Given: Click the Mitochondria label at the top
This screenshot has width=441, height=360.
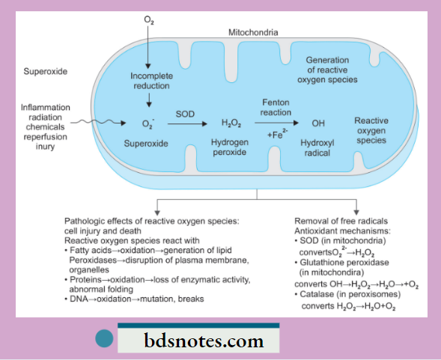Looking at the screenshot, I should [x=254, y=34].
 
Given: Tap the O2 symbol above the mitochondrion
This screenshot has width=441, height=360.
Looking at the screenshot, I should [x=148, y=16].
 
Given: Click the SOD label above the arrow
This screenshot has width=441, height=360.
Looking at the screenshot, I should [x=185, y=113].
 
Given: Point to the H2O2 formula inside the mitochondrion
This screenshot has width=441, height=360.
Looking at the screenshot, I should [x=231, y=123].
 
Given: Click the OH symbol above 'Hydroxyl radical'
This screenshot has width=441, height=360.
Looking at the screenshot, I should [x=317, y=123].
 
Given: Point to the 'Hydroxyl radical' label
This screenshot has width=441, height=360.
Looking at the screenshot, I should [x=317, y=145].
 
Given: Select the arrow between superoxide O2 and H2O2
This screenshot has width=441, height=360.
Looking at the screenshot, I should [x=186, y=123].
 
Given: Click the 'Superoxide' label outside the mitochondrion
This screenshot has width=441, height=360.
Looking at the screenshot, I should [x=46, y=73].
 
